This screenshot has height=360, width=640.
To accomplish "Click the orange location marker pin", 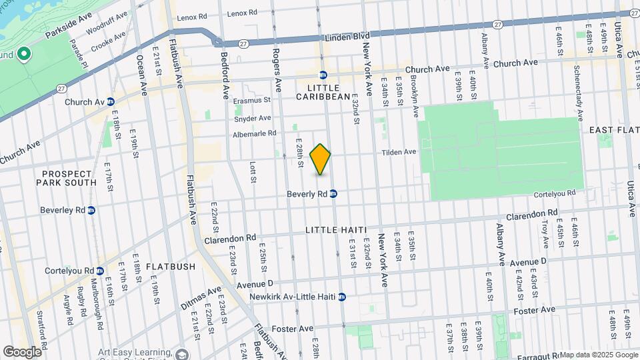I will tap(321, 159).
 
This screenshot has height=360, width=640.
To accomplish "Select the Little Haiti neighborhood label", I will tap(337, 230).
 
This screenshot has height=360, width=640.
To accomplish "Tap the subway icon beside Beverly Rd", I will tap(333, 194).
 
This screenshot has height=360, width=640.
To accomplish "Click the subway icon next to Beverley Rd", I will tap(91, 210).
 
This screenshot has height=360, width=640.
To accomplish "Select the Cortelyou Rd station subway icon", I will tap(99, 271).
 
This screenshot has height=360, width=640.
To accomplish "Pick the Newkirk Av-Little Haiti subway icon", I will tap(342, 297).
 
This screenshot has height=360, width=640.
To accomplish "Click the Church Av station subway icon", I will tap(111, 102).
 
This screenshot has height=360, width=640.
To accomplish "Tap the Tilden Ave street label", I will tap(399, 152).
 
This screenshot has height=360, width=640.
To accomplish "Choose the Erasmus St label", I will tap(253, 101).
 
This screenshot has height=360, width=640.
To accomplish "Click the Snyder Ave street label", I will tap(252, 118).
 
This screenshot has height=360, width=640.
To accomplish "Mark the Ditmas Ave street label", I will tap(201, 299).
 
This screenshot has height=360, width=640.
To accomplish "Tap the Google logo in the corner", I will tap(21, 351).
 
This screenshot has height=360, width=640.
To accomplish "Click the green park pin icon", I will tap(24, 54).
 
